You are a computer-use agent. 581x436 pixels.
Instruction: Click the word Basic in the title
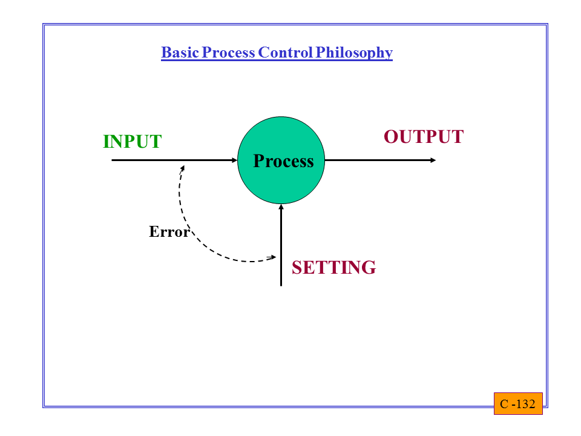pos(180,53)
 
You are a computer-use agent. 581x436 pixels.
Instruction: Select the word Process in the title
pos(229,53)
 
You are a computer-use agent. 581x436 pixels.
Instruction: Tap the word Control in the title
pos(286,53)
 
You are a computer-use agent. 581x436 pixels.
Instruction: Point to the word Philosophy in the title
pos(354,53)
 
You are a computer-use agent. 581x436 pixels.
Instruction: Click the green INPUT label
pos(133,142)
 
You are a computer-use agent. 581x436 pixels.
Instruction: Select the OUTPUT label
pos(424,137)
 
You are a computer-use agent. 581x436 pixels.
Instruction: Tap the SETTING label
pos(333,268)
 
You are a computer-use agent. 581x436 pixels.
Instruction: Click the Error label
pos(169,232)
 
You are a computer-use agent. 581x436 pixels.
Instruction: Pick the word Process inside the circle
pos(283,161)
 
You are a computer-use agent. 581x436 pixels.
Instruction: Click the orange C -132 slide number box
pos(518,403)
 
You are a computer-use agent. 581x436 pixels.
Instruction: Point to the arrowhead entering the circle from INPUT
pos(235,160)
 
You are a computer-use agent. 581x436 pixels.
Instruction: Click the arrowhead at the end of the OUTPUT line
pos(433,160)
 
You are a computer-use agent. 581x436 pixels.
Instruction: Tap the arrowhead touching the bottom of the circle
pos(281,207)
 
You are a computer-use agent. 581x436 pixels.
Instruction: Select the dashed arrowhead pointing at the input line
pos(182,168)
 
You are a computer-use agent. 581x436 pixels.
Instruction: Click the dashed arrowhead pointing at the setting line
pos(273,257)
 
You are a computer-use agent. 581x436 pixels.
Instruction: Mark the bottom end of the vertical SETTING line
pos(281,286)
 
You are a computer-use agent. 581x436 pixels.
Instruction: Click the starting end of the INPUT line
pos(112,160)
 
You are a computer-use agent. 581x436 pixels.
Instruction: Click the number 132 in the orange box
pos(525,404)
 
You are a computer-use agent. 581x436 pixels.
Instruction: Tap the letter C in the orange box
pos(504,404)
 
